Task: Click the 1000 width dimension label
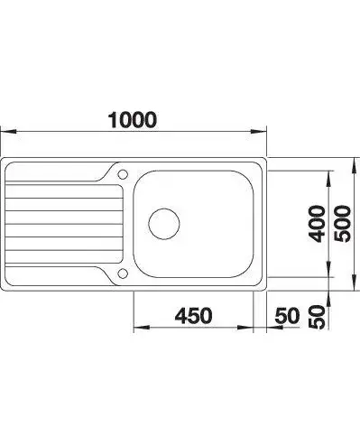[133, 120]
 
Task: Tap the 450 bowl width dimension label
[194, 316]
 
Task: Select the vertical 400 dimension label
[318, 224]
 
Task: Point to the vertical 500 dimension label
[343, 224]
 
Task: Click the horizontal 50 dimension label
[288, 316]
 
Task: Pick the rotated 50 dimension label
[318, 317]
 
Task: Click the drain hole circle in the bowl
[164, 224]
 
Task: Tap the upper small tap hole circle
[123, 174]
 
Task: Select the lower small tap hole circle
[123, 273]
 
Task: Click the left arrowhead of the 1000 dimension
[8, 132]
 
